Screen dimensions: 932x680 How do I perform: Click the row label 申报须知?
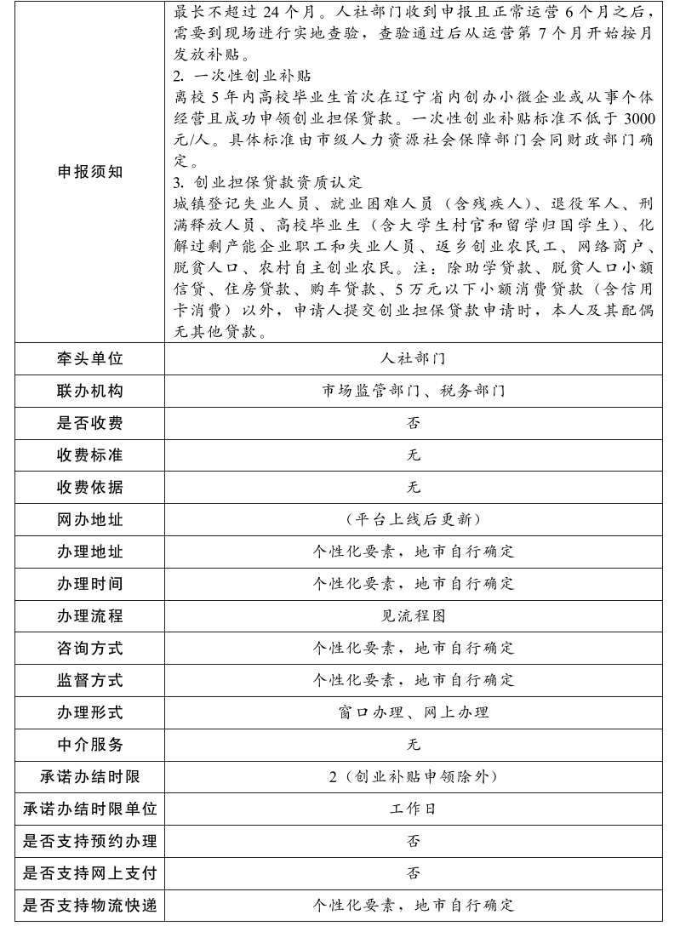pyautogui.click(x=89, y=172)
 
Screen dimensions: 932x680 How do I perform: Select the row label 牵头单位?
pyautogui.click(x=89, y=358)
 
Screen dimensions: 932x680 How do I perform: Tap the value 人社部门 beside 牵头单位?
pyautogui.click(x=413, y=358)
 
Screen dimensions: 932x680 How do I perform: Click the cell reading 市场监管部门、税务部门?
pyautogui.click(x=413, y=391)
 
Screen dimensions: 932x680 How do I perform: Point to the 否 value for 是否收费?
pyautogui.click(x=413, y=423)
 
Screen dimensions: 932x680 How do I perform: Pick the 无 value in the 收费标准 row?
pyautogui.click(x=413, y=455)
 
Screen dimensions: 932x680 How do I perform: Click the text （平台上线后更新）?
pyautogui.click(x=413, y=519)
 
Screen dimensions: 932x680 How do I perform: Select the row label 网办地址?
pyautogui.click(x=89, y=519)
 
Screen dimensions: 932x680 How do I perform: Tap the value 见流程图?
pyautogui.click(x=413, y=615)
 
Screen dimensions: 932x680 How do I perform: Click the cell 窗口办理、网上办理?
pyautogui.click(x=413, y=712)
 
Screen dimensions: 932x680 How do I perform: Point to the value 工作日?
pyautogui.click(x=413, y=809)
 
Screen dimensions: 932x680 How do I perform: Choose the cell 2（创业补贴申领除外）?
pyautogui.click(x=413, y=776)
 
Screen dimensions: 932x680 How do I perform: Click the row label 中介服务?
pyautogui.click(x=89, y=745)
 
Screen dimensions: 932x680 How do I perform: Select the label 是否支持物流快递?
pyautogui.click(x=89, y=906)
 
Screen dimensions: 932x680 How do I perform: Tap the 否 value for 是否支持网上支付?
pyautogui.click(x=413, y=873)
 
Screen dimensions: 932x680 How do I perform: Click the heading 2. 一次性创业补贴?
pyautogui.click(x=229, y=76)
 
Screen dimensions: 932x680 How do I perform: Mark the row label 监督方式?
pyautogui.click(x=89, y=680)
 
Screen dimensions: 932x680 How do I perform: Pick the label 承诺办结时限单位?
pyautogui.click(x=89, y=809)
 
